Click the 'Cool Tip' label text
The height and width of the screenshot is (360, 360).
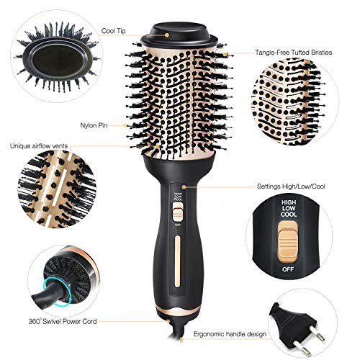113,31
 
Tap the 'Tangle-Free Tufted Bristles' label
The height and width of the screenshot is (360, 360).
294,53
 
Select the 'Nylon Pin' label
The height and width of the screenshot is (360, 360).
94,125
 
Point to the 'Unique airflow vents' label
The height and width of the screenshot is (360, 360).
39,146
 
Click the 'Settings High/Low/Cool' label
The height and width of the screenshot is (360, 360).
291,186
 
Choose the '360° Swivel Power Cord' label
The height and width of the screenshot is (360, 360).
63,321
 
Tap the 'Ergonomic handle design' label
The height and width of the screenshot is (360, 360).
230,334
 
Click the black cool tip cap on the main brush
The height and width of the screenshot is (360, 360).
179,34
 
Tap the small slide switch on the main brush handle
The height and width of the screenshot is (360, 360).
178,212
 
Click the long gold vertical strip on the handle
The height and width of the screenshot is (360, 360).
178,261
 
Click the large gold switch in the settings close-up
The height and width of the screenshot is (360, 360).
288,243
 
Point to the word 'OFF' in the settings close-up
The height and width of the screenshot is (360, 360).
288,269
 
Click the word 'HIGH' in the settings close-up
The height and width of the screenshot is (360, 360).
289,202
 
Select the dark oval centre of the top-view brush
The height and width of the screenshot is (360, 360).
58,60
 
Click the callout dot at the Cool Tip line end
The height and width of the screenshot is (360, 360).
166,35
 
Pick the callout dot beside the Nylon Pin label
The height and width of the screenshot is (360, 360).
125,125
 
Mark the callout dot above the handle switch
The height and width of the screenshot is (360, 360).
184,186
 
